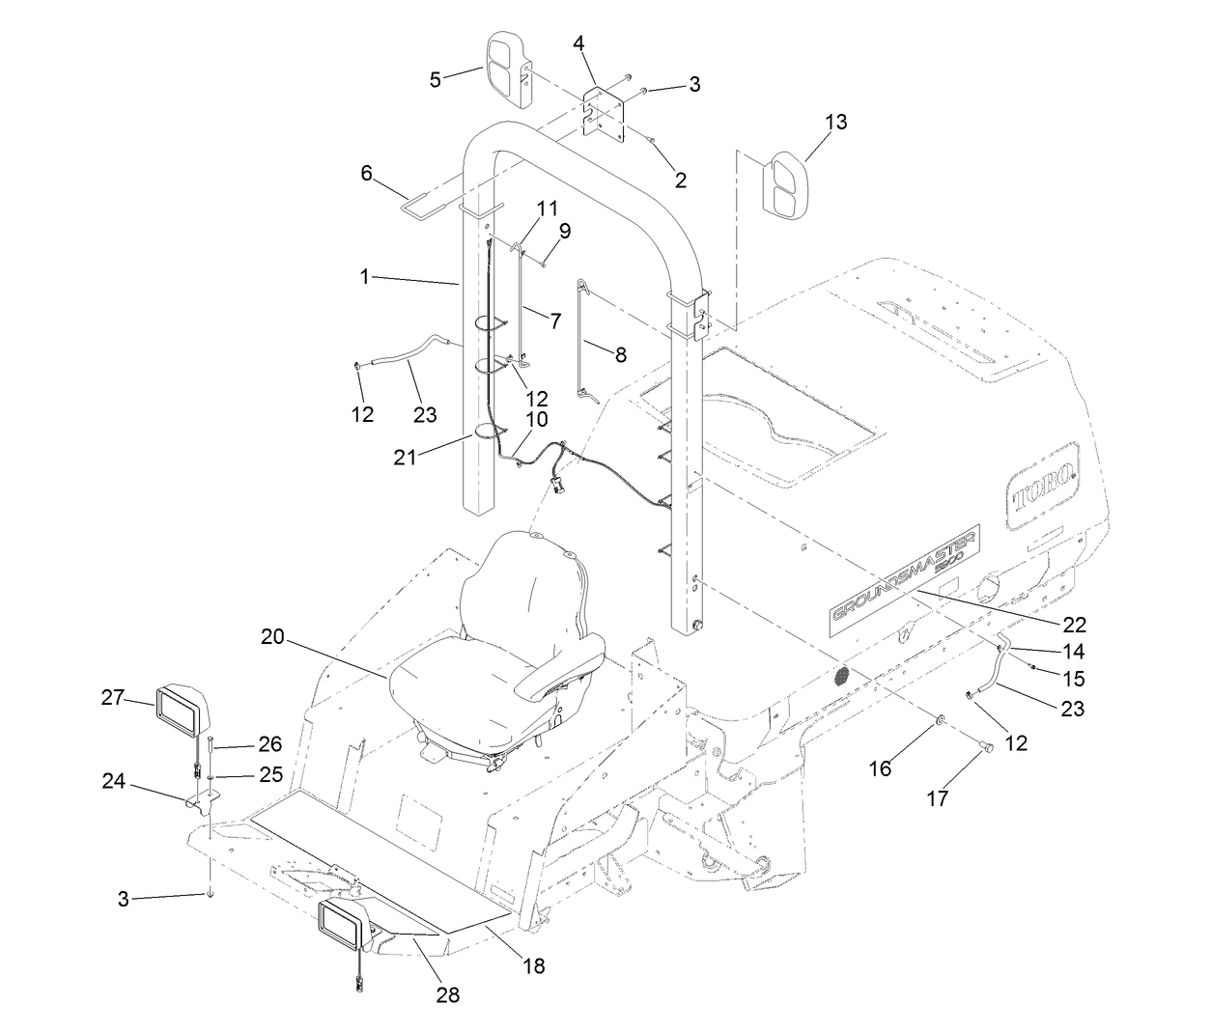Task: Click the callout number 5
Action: pos(436,79)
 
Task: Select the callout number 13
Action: pos(835,122)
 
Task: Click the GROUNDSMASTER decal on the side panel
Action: pos(904,582)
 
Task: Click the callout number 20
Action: pos(273,636)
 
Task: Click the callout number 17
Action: pos(938,798)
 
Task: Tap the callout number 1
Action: pos(365,277)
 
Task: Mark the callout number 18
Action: pos(533,964)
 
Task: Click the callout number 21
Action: pos(405,458)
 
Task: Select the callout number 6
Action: pos(366,173)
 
